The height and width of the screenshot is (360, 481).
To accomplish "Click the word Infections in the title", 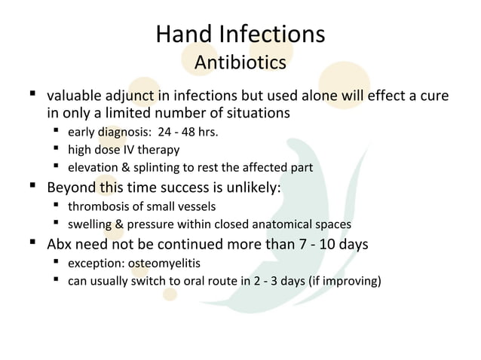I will (x=269, y=35).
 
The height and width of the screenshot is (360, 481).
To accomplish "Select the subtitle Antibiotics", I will (x=240, y=63).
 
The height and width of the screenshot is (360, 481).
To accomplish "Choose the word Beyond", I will (x=72, y=187).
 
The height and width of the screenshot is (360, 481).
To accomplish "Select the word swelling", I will (x=89, y=223).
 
